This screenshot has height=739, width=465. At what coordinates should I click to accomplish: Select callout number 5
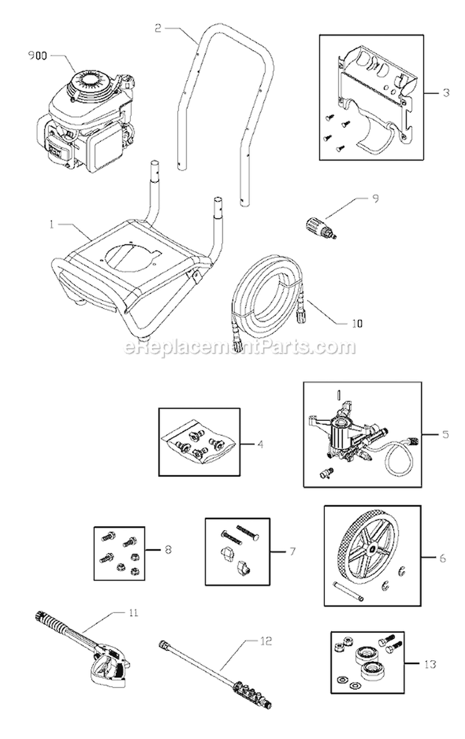446,435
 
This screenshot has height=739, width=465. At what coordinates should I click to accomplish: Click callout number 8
168,549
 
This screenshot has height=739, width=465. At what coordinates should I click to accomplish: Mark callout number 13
428,665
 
